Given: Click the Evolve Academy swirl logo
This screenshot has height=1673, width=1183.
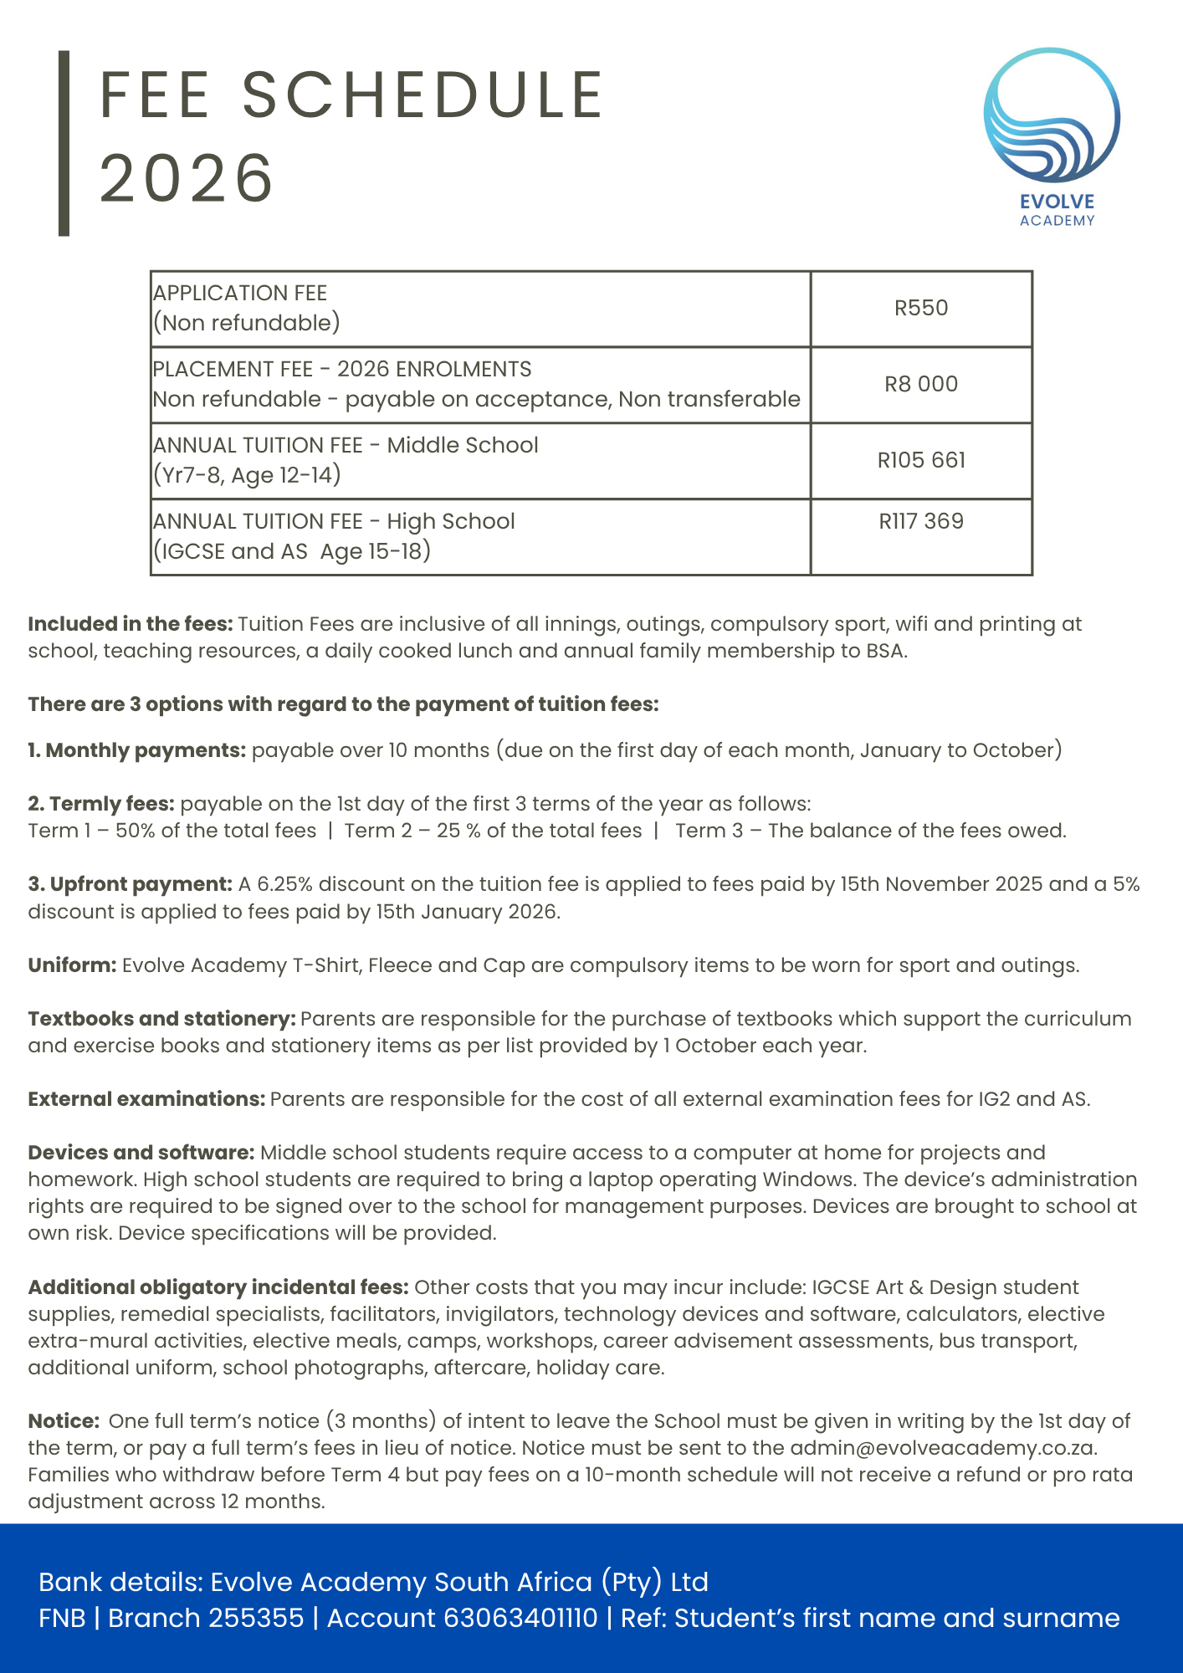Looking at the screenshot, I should (1052, 116).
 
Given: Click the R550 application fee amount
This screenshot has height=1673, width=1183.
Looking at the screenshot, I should (921, 308).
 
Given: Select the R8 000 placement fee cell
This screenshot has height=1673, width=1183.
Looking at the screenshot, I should (921, 384).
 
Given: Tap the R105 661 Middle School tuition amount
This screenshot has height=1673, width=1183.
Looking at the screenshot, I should (921, 460).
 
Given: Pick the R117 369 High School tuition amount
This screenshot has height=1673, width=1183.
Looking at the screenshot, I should (921, 521).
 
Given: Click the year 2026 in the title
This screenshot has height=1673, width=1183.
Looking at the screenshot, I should (187, 178).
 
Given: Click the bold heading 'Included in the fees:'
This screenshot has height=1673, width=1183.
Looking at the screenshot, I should (131, 624).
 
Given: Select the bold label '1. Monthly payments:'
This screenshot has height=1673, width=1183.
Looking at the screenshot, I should (136, 750).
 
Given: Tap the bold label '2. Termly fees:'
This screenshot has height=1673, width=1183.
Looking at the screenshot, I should (101, 804).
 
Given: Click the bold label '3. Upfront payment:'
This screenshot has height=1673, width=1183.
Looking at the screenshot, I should (130, 884).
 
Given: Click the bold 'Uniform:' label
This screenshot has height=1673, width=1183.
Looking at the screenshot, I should (72, 965).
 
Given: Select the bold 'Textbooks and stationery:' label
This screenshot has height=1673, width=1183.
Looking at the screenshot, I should (161, 1019).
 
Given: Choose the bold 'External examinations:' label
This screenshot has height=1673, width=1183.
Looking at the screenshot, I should (146, 1099).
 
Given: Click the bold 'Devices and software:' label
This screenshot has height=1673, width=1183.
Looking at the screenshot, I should (141, 1153).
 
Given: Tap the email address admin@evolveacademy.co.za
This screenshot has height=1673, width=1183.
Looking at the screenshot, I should (943, 1448).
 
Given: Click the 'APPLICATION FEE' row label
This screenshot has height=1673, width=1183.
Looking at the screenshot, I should (240, 293).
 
